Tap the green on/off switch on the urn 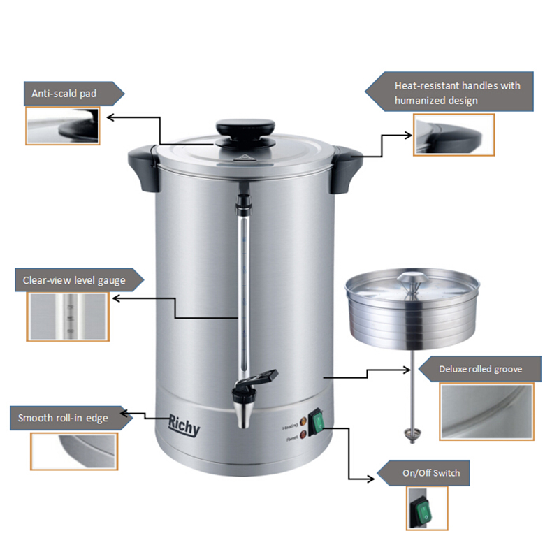click(x=317, y=423)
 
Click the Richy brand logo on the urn click(x=184, y=425)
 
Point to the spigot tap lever click(x=264, y=377)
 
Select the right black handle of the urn click(x=346, y=168)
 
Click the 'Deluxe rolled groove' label click(x=480, y=369)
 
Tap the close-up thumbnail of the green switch click(x=427, y=509)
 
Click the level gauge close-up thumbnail click(x=68, y=317)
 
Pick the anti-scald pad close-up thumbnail click(x=63, y=126)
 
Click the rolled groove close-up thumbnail click(x=486, y=412)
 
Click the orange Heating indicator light click(x=303, y=422)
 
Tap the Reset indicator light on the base click(x=303, y=435)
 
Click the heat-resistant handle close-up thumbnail click(x=453, y=135)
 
